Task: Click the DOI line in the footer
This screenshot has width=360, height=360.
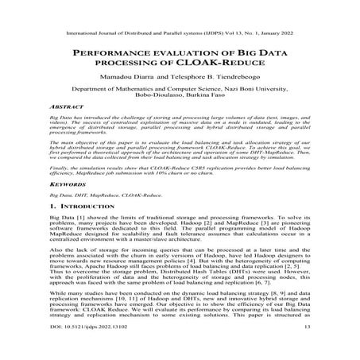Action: click(x=80, y=348)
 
